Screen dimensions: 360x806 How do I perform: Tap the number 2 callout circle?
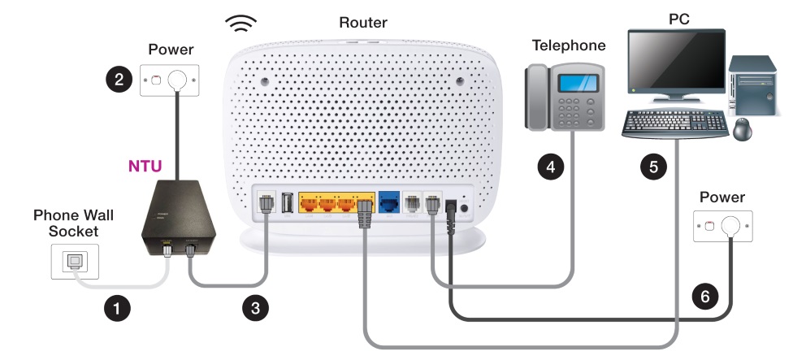coord(119,79)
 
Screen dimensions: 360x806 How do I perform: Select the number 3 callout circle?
coord(255,308)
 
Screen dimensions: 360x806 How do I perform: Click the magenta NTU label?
coord(145,167)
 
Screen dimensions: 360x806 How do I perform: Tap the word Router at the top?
coord(363,22)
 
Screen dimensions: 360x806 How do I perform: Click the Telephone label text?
coord(569,46)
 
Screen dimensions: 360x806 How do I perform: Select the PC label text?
coord(678,18)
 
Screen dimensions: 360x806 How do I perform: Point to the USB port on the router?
coord(287,202)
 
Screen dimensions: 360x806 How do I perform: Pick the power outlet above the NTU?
coord(168,80)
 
